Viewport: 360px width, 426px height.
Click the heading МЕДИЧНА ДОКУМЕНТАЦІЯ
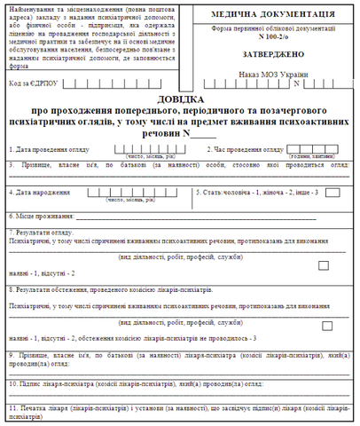270,15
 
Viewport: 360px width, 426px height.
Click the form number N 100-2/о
270,36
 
